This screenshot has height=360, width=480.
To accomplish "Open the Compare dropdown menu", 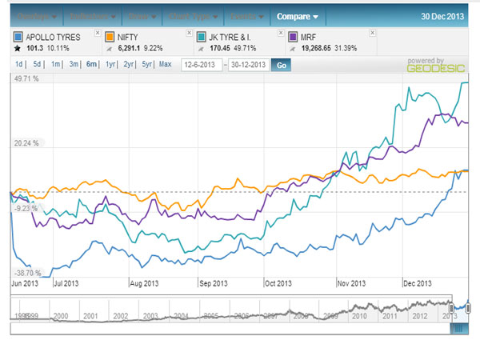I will pyautogui.click(x=298, y=15).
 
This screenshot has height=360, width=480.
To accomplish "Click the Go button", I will pyautogui.click(x=280, y=64).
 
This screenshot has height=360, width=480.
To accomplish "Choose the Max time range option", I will pyautogui.click(x=165, y=64).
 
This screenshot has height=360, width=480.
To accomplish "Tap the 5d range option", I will pyautogui.click(x=38, y=64).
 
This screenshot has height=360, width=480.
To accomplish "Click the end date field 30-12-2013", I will pyautogui.click(x=247, y=64).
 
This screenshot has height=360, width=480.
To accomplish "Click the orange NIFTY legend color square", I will pyautogui.click(x=109, y=37).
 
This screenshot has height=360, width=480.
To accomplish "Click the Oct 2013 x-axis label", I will pyautogui.click(x=279, y=283).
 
